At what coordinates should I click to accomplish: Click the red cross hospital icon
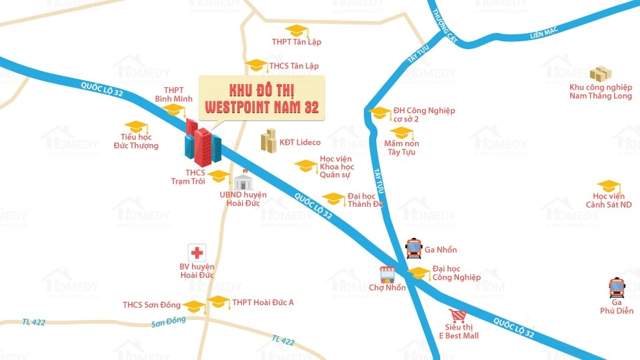(x=197, y=253)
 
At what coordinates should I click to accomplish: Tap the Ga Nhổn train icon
(x=414, y=247)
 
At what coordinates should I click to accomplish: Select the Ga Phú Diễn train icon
(x=617, y=287)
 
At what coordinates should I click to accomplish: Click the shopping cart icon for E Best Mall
(x=458, y=315)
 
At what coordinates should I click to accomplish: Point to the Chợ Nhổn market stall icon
(x=387, y=275)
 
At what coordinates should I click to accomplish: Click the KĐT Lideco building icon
(x=268, y=140)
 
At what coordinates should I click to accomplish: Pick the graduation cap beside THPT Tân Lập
(x=296, y=30)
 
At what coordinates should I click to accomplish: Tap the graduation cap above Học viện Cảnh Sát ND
(x=608, y=186)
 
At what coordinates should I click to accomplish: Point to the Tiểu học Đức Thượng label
(x=139, y=141)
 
